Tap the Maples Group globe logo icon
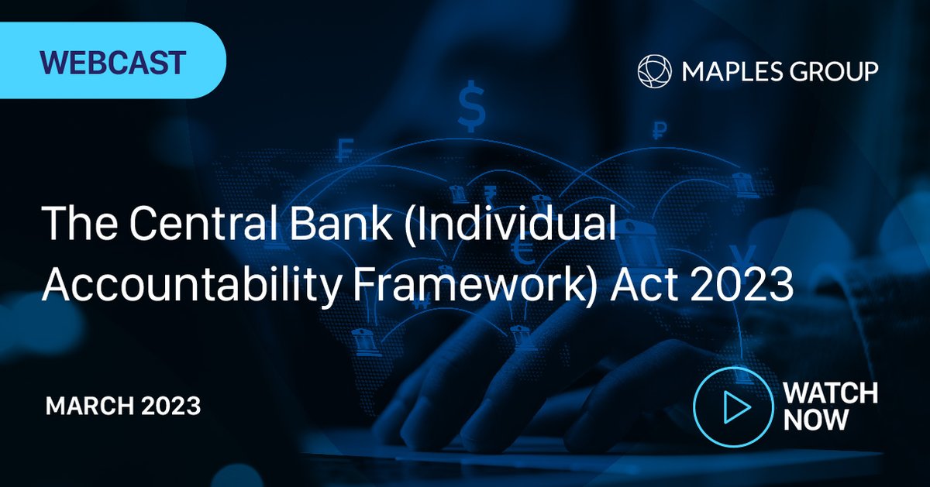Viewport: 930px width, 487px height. click(x=653, y=71)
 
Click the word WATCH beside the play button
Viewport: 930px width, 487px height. click(x=830, y=393)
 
